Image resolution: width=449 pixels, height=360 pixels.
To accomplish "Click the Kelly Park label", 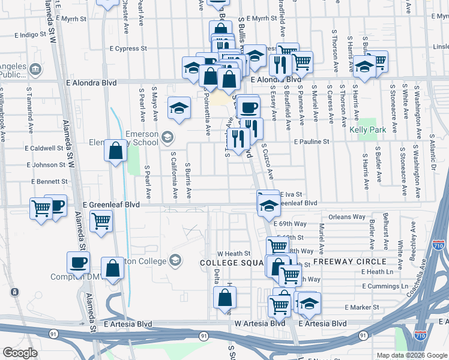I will click(367, 130).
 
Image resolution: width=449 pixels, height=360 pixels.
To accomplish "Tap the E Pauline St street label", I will click(312, 142).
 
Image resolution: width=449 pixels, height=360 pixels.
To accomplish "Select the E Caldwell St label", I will click(44, 148).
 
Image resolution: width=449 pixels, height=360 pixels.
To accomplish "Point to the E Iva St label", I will click(290, 194).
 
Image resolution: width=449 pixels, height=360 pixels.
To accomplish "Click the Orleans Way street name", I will click(348, 217).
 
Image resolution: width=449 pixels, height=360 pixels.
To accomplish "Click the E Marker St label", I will click(362, 307).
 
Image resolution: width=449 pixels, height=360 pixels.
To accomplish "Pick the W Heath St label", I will click(234, 254).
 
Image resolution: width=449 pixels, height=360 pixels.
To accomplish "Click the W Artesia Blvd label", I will click(259, 323).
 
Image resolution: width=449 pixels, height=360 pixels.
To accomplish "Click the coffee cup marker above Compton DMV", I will click(77, 262).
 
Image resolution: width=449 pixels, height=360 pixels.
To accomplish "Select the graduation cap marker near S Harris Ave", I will click(364, 67).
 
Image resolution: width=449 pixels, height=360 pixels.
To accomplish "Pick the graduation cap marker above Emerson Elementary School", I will click(179, 108).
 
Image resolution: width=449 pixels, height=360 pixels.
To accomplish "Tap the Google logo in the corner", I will click(20, 353).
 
